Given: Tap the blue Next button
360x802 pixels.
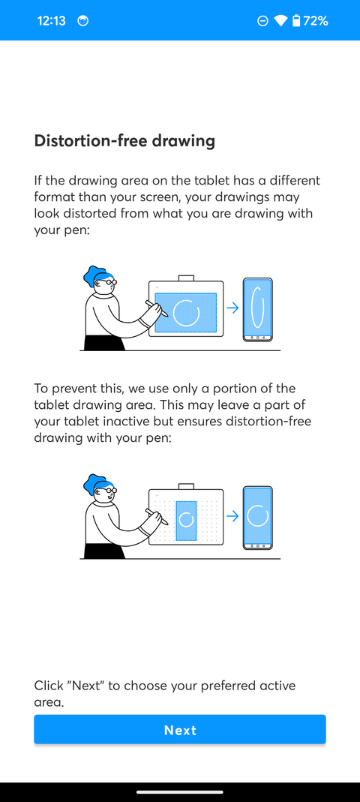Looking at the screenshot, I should tap(180, 730).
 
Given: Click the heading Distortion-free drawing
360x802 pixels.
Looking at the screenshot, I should tap(124, 140).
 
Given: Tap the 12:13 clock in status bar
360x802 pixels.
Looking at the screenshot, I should tap(51, 21).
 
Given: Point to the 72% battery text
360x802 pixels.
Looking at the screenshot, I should tap(316, 21).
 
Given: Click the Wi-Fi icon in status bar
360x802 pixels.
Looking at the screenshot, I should tap(280, 21).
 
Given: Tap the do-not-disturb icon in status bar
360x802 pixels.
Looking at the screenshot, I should tap(262, 21).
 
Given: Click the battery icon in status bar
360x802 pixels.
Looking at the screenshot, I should tap(296, 21).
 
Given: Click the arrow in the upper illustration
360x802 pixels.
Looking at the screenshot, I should tap(232, 308).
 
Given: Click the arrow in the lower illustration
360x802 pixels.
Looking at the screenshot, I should tap(232, 516).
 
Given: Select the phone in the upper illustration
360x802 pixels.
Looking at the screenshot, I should tap(257, 310).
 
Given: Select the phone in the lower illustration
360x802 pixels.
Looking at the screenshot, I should tap(257, 518).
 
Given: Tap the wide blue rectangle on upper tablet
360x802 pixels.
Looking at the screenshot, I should tap(185, 313).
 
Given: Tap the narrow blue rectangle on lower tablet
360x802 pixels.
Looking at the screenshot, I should tap(186, 521).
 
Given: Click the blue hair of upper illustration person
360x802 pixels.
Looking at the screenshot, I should tap(95, 276).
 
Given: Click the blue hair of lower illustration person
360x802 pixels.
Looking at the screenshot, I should tap(95, 484).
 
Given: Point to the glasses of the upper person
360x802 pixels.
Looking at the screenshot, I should tap(110, 283).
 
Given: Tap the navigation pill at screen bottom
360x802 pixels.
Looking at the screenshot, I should tap(180, 791).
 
